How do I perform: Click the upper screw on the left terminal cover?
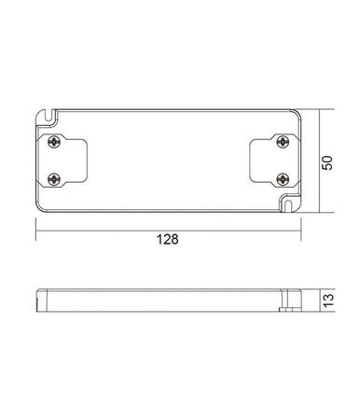[x=53, y=139]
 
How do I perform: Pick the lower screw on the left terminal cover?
[x=53, y=175]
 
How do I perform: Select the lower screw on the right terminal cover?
[x=283, y=175]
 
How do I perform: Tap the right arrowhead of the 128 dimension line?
[x=299, y=225]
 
